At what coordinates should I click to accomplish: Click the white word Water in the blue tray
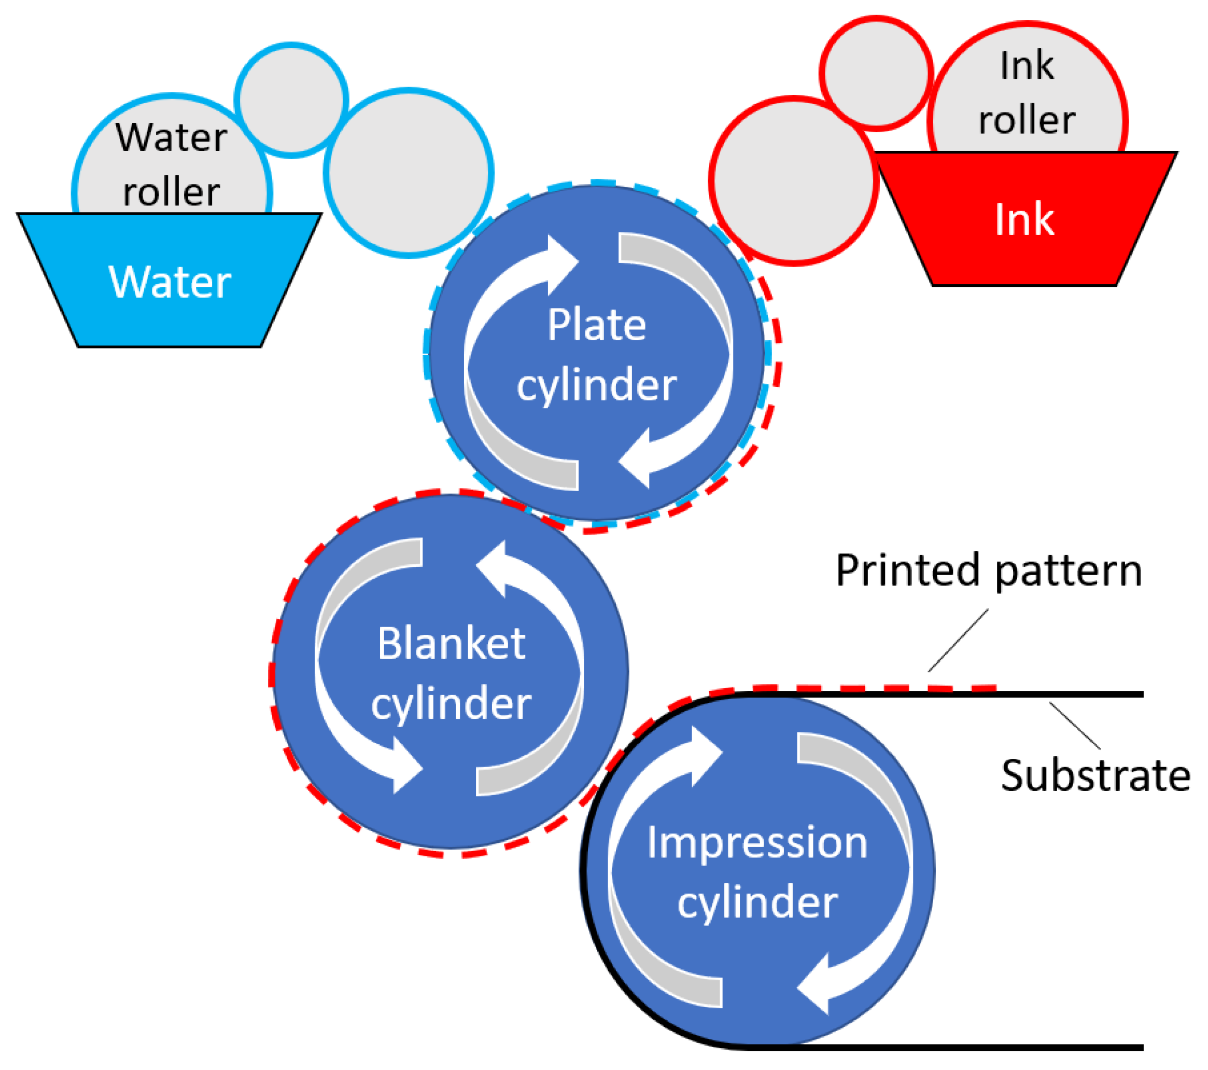[170, 282]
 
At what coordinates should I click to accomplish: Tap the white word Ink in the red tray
[1024, 220]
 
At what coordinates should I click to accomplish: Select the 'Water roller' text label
[172, 164]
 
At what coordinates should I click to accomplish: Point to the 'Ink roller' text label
[1027, 93]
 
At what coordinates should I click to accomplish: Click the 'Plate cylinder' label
[596, 355]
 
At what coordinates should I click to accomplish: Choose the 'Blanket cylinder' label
[451, 673]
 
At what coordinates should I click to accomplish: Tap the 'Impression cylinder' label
[757, 872]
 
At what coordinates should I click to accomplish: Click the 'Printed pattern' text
[989, 571]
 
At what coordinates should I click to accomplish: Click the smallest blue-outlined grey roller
[291, 100]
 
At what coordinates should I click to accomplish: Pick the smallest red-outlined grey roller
[876, 73]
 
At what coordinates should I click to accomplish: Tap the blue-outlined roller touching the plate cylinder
[409, 173]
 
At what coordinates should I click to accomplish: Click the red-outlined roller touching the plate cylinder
[793, 181]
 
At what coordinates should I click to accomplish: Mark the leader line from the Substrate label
[1074, 726]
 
